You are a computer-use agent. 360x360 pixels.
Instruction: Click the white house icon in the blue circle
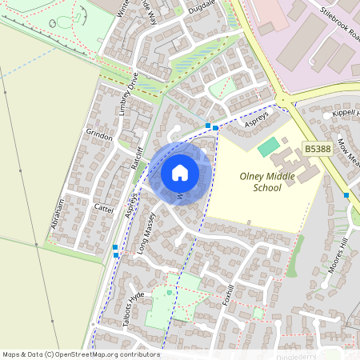(x=180, y=172)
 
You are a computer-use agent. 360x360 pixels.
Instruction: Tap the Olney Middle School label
(x=261, y=182)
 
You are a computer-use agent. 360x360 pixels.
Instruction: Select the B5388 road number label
(x=318, y=149)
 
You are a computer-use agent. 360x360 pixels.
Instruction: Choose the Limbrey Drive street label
(x=129, y=94)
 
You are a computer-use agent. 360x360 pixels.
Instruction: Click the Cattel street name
(x=104, y=207)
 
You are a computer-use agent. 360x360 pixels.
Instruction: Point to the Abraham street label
(x=57, y=214)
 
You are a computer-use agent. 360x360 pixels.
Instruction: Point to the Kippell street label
(x=346, y=114)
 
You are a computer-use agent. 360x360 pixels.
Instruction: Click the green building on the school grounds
(x=269, y=146)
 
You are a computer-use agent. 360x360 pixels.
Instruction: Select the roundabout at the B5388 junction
(x=282, y=101)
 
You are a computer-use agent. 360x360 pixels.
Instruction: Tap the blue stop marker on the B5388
(x=346, y=195)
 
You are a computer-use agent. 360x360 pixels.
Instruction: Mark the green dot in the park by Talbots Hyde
(x=169, y=292)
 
